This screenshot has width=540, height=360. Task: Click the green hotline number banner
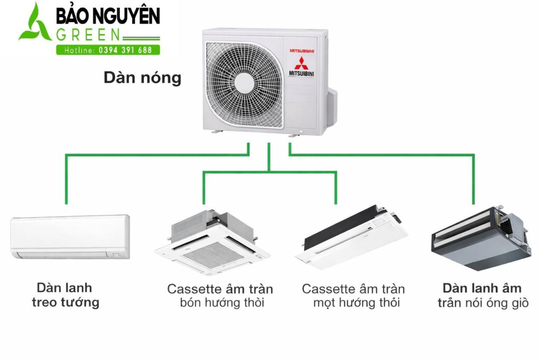tap(108, 50)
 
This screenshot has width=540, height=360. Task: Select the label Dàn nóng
tap(142, 78)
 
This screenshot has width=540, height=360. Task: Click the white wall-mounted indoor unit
tap(70, 237)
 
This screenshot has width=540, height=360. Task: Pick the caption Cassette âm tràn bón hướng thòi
tap(220, 296)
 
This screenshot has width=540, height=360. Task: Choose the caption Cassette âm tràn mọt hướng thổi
tap(353, 296)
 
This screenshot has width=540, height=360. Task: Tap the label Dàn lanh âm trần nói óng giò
tap(483, 296)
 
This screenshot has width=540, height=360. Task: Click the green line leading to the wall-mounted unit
tap(66, 179)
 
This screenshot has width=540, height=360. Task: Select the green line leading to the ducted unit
tap(473, 179)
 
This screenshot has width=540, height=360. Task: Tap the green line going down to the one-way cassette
tap(335, 187)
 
